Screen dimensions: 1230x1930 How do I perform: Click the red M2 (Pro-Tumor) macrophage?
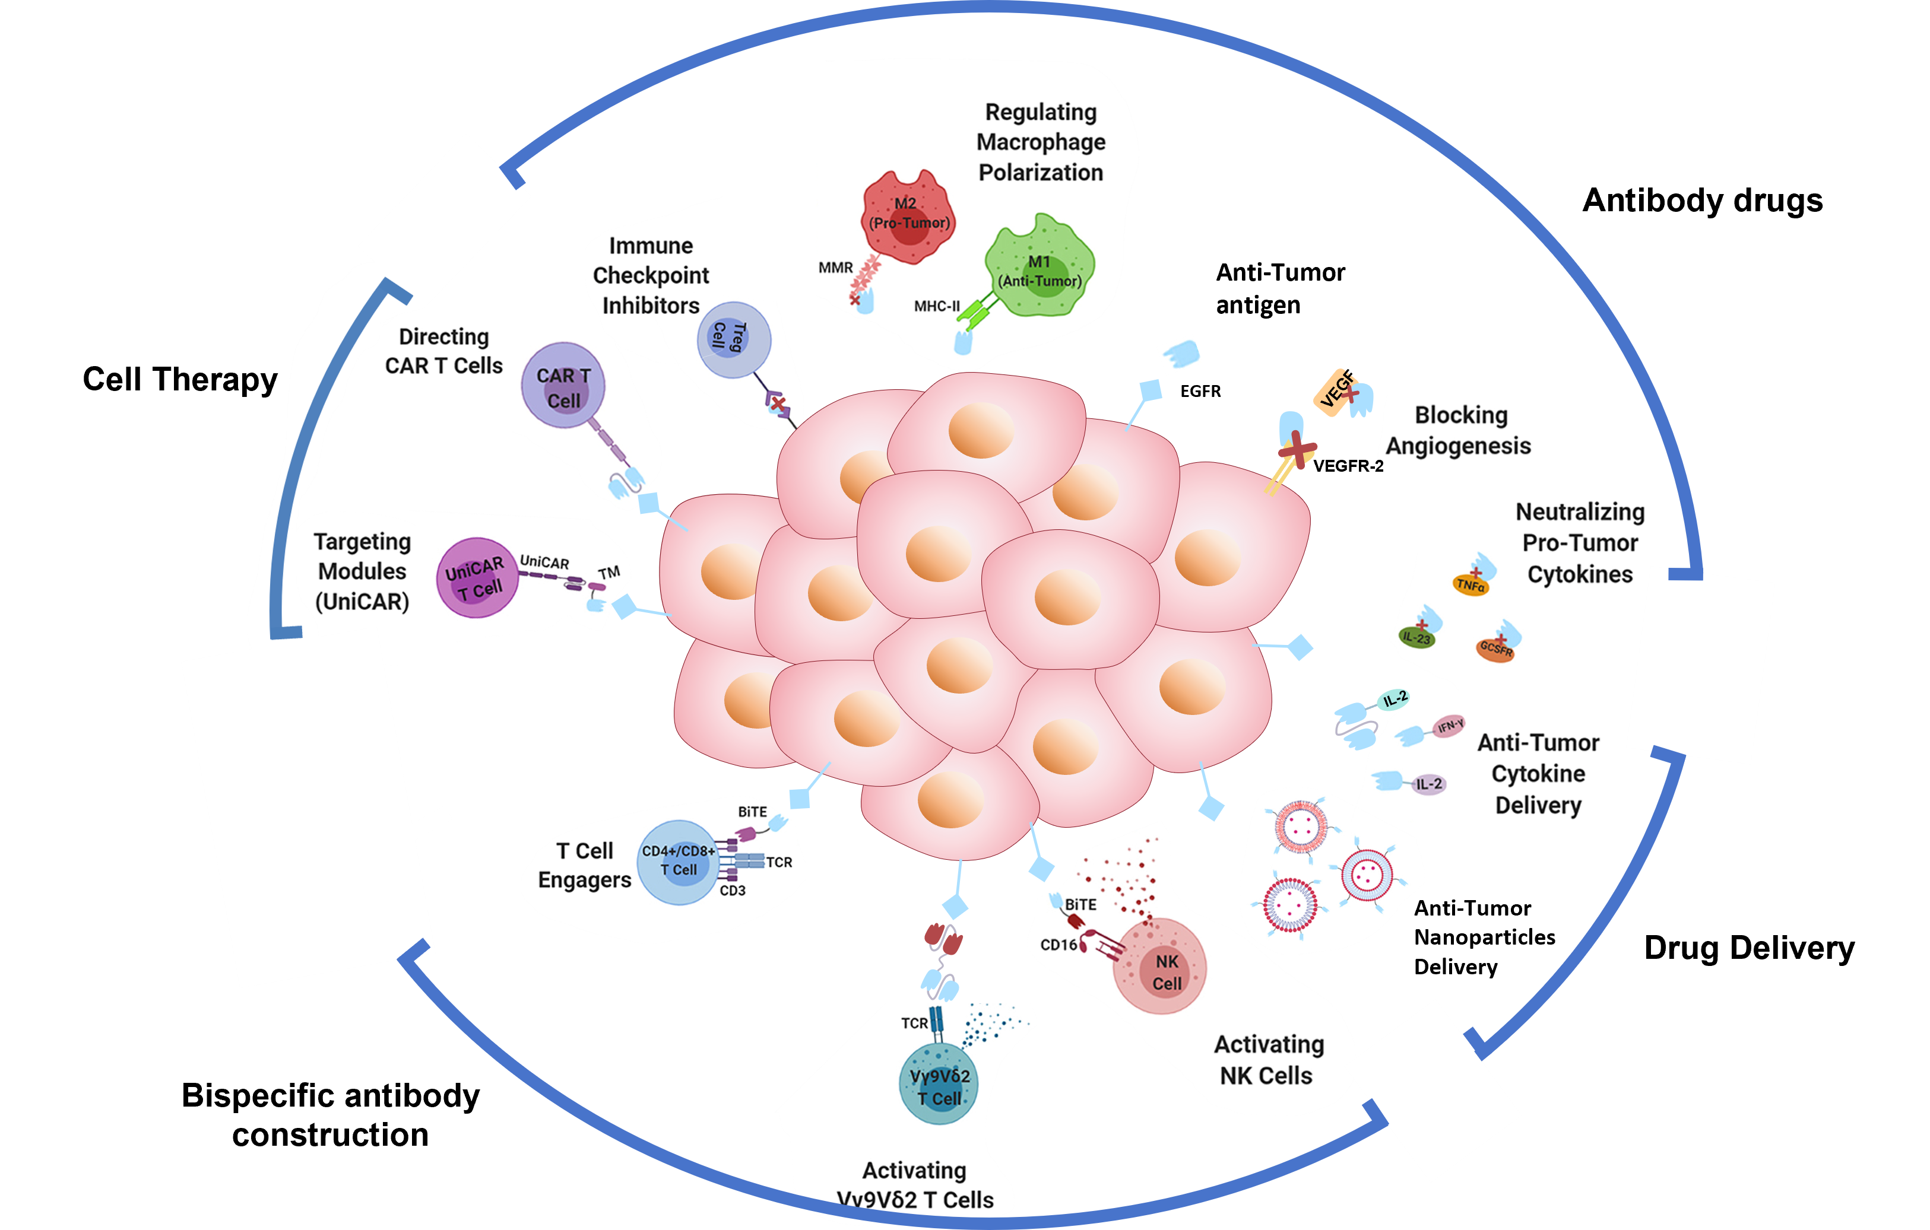[908, 217]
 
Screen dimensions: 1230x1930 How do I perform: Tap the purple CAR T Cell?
[563, 386]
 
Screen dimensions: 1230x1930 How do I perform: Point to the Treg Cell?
[733, 338]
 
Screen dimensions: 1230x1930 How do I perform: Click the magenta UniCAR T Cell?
[476, 577]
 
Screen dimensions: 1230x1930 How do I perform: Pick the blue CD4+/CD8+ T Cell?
[677, 862]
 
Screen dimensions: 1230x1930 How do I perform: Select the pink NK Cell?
[1161, 968]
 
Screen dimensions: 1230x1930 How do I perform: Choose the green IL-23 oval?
[1416, 638]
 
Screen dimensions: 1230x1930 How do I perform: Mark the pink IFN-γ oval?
[1450, 727]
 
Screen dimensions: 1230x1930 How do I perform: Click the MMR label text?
[835, 268]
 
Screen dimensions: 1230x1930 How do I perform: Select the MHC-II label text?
[936, 306]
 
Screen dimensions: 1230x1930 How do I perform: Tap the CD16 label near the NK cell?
[1058, 945]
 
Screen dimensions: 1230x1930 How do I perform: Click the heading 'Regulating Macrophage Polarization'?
[1040, 142]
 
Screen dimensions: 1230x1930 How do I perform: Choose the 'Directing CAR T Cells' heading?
[443, 351]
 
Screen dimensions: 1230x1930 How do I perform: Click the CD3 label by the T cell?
[733, 890]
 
